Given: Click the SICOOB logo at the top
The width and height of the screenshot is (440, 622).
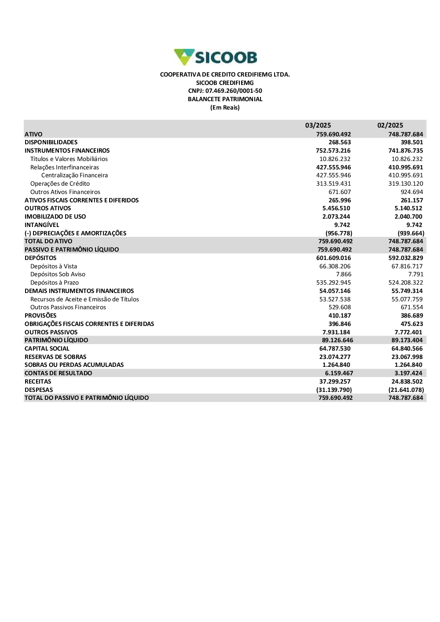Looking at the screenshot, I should coord(216,57).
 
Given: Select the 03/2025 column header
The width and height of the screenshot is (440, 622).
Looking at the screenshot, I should coord(318,125).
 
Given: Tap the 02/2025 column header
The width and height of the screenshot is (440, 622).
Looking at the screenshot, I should coord(390,125).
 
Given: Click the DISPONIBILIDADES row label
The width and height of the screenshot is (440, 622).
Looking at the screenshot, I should coord(51,143).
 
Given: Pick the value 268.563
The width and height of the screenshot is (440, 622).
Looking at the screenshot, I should coord(340,143).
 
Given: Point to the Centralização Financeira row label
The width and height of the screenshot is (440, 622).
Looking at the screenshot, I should coord(74,176).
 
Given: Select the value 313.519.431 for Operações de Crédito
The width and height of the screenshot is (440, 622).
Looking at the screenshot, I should coord(334,184).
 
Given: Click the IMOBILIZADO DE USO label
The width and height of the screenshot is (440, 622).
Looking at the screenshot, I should coord(55,217).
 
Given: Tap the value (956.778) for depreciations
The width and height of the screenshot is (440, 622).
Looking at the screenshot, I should coord(339,234).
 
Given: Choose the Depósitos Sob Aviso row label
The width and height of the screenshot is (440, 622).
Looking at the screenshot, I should coord(58,274).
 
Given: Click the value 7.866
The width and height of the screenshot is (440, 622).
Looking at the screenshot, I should coord(344,274).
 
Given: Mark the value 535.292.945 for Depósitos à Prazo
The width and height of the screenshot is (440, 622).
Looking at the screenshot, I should coord(334,283).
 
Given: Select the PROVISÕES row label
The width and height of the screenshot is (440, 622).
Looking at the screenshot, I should coord(40,316).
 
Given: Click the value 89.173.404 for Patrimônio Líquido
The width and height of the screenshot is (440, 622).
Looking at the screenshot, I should coord(407,340).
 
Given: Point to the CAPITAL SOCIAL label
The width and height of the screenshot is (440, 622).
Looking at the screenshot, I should coord(47,349).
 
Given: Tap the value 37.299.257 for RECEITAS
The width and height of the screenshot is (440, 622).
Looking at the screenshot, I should coord(335,382).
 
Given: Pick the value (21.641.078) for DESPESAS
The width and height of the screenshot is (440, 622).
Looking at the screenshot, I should coord(406,390).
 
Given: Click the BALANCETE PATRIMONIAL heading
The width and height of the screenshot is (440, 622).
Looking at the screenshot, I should coord(225,99).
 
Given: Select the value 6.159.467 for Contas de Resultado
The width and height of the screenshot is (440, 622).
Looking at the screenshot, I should coord(339,373).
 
